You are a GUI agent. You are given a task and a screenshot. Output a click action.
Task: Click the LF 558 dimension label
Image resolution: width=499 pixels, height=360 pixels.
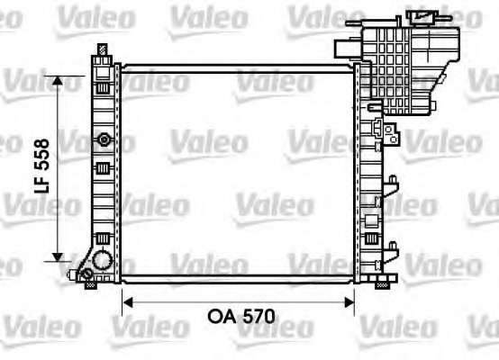tap(41, 166)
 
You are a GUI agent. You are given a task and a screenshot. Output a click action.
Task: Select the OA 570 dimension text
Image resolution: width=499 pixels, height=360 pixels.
tap(241, 317)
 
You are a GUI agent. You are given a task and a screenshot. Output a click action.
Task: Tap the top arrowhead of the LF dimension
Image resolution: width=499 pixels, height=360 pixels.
tap(58, 80)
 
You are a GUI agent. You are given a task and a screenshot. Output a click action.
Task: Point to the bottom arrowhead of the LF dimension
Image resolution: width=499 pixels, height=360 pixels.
tap(58, 257)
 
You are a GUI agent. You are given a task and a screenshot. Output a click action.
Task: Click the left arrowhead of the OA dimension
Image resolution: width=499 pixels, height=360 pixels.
tap(127, 302)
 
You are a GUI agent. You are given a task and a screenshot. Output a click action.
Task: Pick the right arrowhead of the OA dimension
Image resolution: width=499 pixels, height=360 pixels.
tap(349, 302)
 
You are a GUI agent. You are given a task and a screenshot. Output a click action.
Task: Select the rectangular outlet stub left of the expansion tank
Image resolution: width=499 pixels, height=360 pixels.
tap(348, 49)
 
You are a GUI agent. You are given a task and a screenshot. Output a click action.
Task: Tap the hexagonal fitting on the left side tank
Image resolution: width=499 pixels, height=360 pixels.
tap(104, 139)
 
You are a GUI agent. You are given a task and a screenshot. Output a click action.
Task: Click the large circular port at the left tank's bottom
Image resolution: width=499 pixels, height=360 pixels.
tap(103, 260)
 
